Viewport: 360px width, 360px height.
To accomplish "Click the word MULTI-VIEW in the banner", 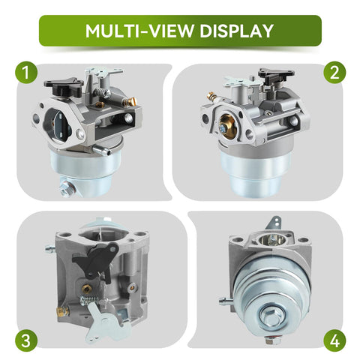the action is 139,31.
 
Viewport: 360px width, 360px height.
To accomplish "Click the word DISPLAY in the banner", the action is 236,31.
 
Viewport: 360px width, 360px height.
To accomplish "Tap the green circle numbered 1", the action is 26,73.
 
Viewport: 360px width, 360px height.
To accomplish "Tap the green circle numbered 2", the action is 334,73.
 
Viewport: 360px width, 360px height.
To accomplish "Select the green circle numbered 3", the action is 26,341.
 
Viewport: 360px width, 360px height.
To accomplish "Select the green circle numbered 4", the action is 334,341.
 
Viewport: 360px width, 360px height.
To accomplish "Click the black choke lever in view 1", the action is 64,86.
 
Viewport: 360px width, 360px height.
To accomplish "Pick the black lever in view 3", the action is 96,261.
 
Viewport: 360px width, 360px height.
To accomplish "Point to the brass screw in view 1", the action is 130,101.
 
